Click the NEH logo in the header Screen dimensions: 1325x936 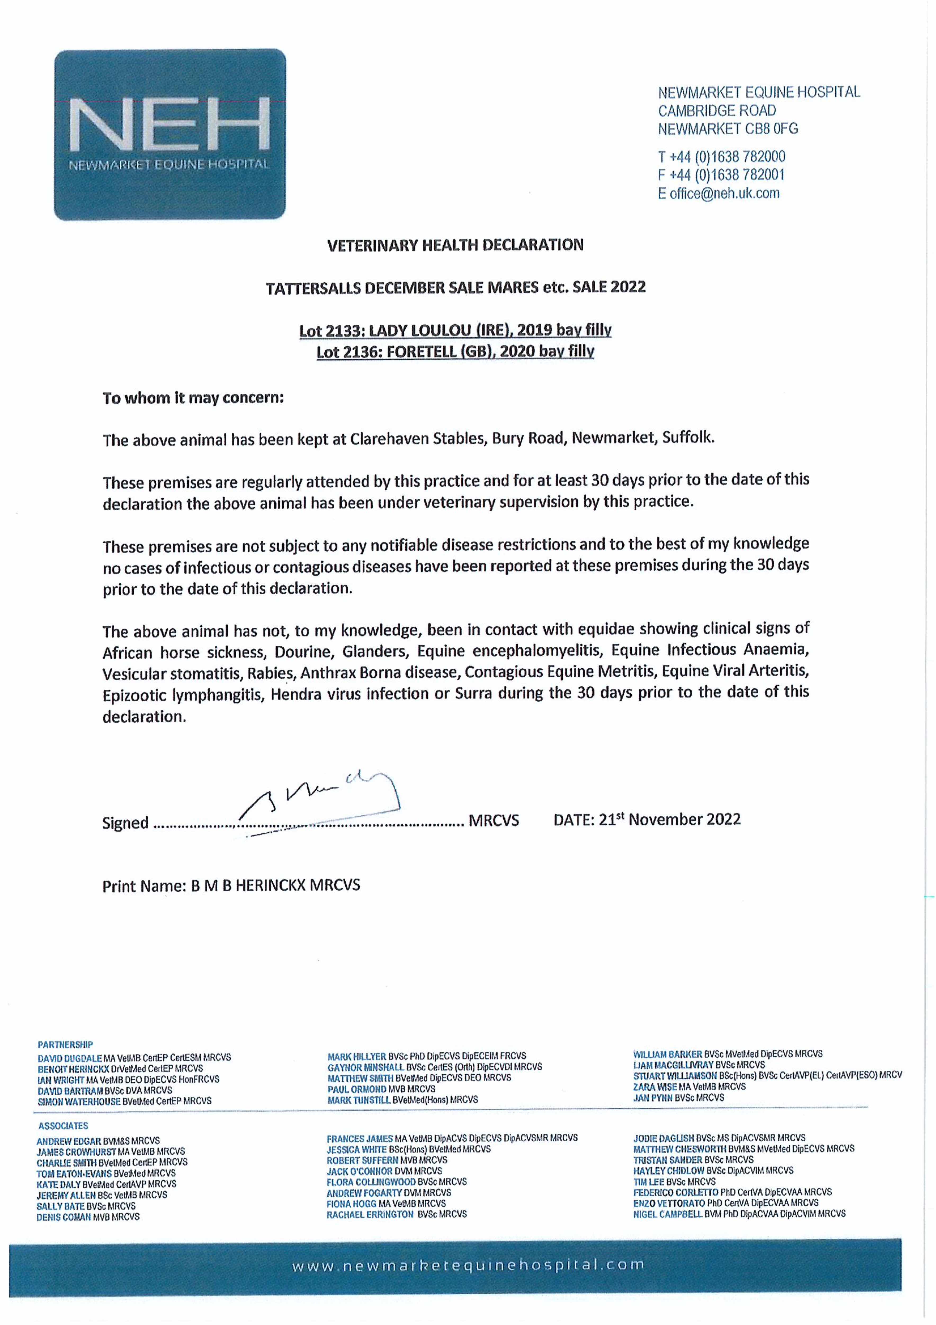pyautogui.click(x=169, y=134)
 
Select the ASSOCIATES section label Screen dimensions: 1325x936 pyautogui.click(x=64, y=1126)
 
